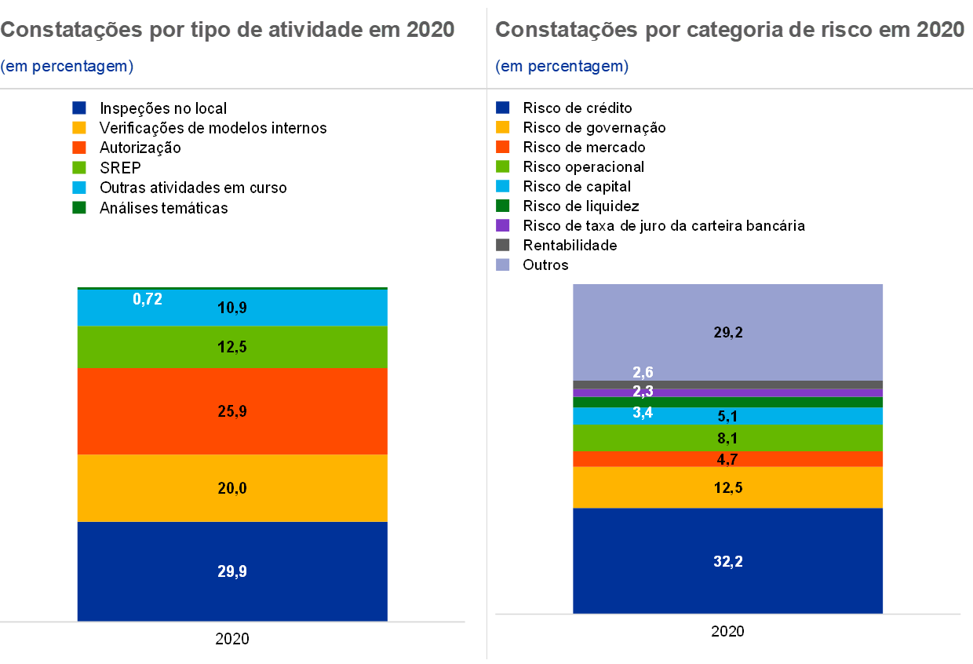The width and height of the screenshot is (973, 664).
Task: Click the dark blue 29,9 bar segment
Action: point(232,571)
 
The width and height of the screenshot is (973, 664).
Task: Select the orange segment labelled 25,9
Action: point(232,411)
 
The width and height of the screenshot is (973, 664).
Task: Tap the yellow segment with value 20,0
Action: point(232,488)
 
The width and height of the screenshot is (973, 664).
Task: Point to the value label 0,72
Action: point(148,299)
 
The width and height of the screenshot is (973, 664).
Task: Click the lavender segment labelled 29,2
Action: point(728,332)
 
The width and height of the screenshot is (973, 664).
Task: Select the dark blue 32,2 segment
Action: point(728,561)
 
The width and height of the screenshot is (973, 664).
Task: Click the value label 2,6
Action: point(643,373)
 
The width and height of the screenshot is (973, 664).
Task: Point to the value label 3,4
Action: point(643,412)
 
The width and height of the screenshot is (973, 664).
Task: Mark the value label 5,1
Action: point(728,417)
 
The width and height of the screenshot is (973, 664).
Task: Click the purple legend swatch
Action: point(503,225)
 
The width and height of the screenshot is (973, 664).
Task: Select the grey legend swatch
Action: point(503,245)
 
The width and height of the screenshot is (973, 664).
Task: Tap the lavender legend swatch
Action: point(503,265)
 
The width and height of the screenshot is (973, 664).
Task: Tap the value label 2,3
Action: point(643,392)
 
